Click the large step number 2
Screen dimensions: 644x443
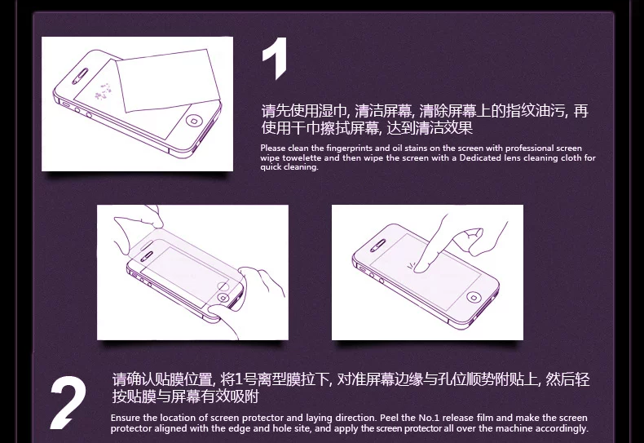pyautogui.click(x=68, y=403)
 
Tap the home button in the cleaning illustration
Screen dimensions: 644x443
pyautogui.click(x=194, y=121)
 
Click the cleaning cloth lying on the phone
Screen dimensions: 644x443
pyautogui.click(x=167, y=81)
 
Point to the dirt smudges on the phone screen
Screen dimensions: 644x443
pyautogui.click(x=103, y=92)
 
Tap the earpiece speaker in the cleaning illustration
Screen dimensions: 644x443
pyautogui.click(x=80, y=77)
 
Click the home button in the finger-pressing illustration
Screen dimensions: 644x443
pyautogui.click(x=473, y=297)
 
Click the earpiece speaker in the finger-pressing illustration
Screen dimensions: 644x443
pyautogui.click(x=378, y=246)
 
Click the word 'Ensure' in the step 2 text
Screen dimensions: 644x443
pyautogui.click(x=126, y=418)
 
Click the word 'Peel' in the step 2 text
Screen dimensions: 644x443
pyautogui.click(x=389, y=418)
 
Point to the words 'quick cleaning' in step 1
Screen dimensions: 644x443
pyautogui.click(x=289, y=167)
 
